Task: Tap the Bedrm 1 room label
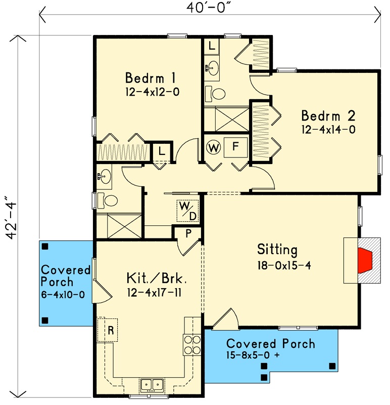coord(150,78)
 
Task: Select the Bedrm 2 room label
coord(328,115)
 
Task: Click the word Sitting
coord(277,250)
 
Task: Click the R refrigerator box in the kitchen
coord(108,330)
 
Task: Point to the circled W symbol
coord(213,148)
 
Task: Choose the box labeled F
coord(235,147)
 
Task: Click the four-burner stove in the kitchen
coord(192,344)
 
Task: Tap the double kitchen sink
coord(151,385)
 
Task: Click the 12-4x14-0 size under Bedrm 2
coord(328,130)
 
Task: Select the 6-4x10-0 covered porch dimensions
coord(65,294)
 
